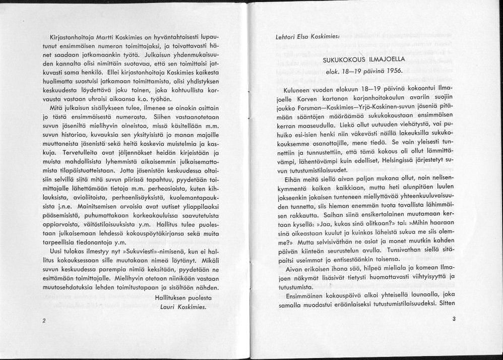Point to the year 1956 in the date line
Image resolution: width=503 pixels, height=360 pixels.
393,71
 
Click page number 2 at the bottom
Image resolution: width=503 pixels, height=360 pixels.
44,321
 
